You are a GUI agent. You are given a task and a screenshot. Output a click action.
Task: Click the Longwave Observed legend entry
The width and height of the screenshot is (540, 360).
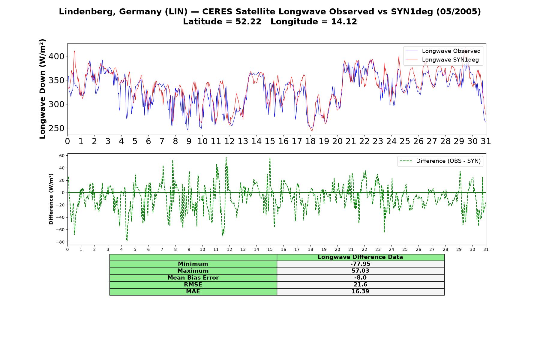coord(443,51)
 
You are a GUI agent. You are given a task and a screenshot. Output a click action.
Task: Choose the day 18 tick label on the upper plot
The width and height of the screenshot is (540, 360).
coord(310,141)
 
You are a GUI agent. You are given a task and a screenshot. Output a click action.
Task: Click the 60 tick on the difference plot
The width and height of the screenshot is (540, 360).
coord(62,155)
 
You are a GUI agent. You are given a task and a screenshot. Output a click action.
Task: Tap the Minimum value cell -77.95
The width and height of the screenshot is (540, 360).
coord(360,264)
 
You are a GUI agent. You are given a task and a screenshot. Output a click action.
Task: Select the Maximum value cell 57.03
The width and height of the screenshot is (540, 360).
coord(360,271)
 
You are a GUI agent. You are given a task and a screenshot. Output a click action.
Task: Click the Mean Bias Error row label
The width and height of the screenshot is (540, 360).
coord(193,278)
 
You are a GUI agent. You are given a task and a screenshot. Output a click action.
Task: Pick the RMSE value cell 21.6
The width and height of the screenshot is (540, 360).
coord(360,285)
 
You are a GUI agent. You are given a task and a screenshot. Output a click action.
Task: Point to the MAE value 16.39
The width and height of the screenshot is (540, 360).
coord(360,292)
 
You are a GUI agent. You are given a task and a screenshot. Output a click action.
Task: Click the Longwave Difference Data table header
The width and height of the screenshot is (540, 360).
coord(360,257)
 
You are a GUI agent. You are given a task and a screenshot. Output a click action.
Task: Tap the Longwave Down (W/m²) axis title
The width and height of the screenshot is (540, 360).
coord(43,89)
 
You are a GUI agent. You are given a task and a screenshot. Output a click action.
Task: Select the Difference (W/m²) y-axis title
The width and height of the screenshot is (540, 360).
coord(51,199)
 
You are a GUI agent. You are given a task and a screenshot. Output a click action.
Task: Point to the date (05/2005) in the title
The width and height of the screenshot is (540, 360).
coord(458,12)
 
